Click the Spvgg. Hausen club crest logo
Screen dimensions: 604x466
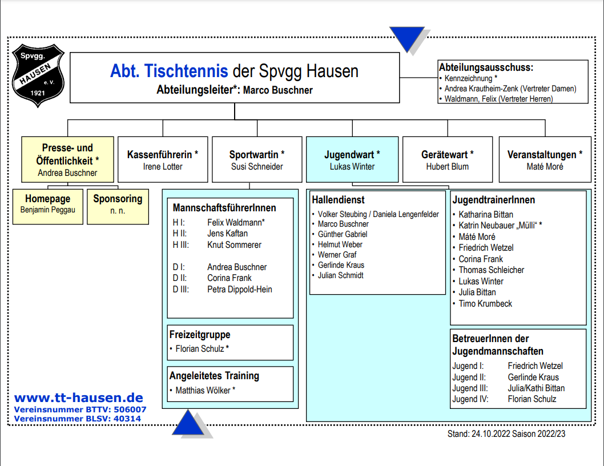point(38,75)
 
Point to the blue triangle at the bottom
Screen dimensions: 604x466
point(188,423)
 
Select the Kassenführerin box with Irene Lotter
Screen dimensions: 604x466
point(163,159)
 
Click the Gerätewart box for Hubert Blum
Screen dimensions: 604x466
point(447,159)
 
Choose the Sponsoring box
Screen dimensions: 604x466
point(118,207)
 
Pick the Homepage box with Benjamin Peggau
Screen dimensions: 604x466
point(48,207)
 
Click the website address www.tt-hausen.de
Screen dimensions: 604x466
point(79,398)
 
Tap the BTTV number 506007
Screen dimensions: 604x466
point(130,409)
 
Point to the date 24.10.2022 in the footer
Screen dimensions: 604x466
point(490,434)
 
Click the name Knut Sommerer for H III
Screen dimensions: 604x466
point(234,245)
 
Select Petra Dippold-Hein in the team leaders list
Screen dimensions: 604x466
point(240,290)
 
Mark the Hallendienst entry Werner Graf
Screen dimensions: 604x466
point(337,255)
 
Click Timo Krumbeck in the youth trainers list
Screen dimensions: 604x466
point(485,304)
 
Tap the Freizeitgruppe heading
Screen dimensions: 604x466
point(200,335)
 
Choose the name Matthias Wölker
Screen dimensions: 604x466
point(203,391)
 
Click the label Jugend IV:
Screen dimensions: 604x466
point(470,399)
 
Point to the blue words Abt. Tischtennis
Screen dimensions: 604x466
point(169,71)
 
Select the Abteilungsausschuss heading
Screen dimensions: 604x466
point(486,67)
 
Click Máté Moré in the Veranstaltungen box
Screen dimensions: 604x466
point(545,167)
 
